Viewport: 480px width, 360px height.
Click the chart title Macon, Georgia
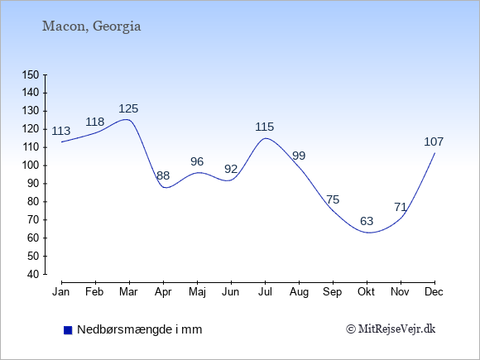[91, 26]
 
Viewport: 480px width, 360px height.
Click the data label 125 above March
[128, 108]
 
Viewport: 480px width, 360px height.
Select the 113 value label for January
[61, 131]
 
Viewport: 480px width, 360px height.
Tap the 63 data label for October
[367, 221]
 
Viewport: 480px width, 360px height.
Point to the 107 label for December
[434, 142]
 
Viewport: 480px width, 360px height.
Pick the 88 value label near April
[163, 175]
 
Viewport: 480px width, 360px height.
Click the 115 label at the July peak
[265, 127]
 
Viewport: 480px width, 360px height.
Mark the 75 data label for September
[333, 199]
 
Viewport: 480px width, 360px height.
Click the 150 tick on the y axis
[31, 74]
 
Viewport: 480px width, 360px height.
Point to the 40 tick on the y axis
[34, 274]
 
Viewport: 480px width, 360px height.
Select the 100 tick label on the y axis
[31, 166]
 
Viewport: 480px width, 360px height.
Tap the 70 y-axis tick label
[34, 220]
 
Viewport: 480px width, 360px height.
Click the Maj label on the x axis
[197, 292]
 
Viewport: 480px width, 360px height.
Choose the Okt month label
[366, 292]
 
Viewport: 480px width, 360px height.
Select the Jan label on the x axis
[61, 292]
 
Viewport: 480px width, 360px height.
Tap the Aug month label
[299, 292]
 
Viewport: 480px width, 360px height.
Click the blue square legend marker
[68, 330]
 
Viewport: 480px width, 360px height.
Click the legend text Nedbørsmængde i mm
[140, 329]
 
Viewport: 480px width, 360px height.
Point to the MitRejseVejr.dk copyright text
[391, 329]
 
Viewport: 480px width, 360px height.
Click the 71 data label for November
[401, 207]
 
